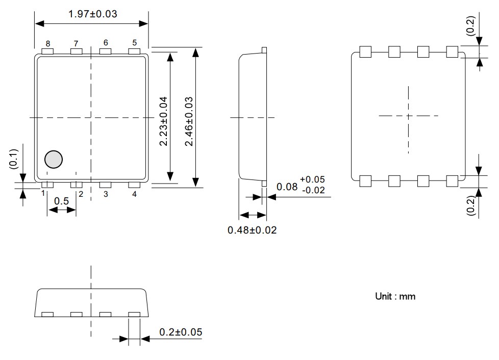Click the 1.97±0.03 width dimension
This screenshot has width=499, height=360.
pyautogui.click(x=92, y=14)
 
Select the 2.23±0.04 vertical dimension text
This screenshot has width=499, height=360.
pyautogui.click(x=163, y=120)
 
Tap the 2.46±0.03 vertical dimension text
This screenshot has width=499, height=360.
pyautogui.click(x=189, y=121)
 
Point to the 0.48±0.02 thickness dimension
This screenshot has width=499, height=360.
pyautogui.click(x=252, y=230)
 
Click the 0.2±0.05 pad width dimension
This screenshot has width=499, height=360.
pyautogui.click(x=181, y=332)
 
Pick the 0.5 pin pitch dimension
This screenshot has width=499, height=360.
pyautogui.click(x=61, y=201)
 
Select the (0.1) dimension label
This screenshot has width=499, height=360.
pyautogui.click(x=14, y=159)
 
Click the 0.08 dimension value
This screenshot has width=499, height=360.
pyautogui.click(x=286, y=187)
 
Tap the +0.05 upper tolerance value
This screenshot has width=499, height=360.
pyautogui.click(x=312, y=179)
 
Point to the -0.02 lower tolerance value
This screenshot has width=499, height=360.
pyautogui.click(x=312, y=191)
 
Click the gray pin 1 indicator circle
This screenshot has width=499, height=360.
pyautogui.click(x=53, y=160)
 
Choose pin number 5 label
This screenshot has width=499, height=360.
pyautogui.click(x=135, y=43)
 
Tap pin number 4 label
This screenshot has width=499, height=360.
pyautogui.click(x=135, y=194)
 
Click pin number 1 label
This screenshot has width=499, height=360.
pyautogui.click(x=43, y=194)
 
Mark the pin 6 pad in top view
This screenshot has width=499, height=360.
pyautogui.click(x=105, y=52)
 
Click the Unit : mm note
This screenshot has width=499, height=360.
pyautogui.click(x=395, y=296)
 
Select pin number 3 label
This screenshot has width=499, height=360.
pyautogui.click(x=106, y=194)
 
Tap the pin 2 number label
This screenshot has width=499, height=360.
pyautogui.click(x=81, y=194)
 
